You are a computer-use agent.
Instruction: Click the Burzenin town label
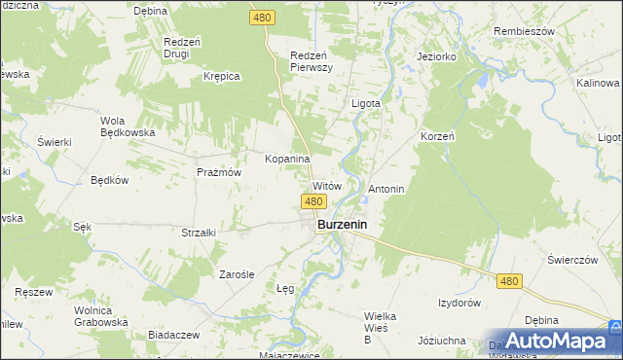(x=347, y=226)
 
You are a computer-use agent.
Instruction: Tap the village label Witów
(x=325, y=185)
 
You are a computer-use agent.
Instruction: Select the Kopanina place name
(x=287, y=158)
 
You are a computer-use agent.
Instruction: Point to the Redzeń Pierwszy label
(x=312, y=61)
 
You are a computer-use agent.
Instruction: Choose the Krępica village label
(x=221, y=76)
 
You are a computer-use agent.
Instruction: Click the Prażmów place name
(x=218, y=171)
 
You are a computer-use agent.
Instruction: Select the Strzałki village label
(x=198, y=233)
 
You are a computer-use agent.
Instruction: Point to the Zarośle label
(x=236, y=274)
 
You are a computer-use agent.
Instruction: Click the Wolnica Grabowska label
(x=101, y=315)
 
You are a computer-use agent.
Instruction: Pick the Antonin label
(x=386, y=188)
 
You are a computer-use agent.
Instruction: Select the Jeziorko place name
(x=437, y=57)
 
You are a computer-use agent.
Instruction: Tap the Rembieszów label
(x=523, y=29)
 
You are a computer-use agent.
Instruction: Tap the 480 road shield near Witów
(x=312, y=201)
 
